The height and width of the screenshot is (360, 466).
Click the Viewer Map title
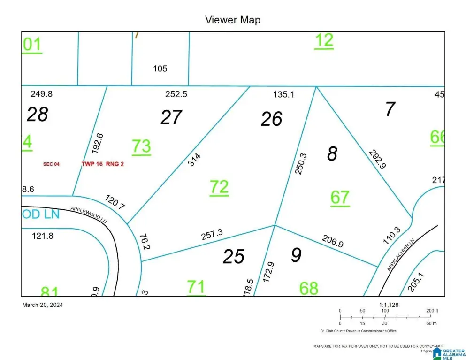tap(232, 20)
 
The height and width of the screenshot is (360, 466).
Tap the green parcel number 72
tap(219, 187)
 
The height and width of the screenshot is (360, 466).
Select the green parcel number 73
tap(141, 146)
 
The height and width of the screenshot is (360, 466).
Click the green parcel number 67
tap(340, 198)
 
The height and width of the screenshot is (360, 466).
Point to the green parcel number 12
tap(324, 40)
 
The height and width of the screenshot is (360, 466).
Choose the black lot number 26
tap(271, 119)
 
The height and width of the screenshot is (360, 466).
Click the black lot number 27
tap(171, 117)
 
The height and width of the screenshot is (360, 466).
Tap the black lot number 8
tap(332, 154)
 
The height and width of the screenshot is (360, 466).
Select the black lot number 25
tap(234, 256)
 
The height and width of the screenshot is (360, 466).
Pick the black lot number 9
tap(296, 255)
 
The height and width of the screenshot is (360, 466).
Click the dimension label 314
tap(194, 161)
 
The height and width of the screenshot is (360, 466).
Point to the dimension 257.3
tap(211, 235)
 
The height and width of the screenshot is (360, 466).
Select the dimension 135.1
tap(283, 94)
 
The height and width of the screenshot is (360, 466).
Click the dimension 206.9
tap(332, 242)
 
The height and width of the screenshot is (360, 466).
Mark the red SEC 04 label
tap(52, 164)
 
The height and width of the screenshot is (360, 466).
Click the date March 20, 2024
tap(43, 305)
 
